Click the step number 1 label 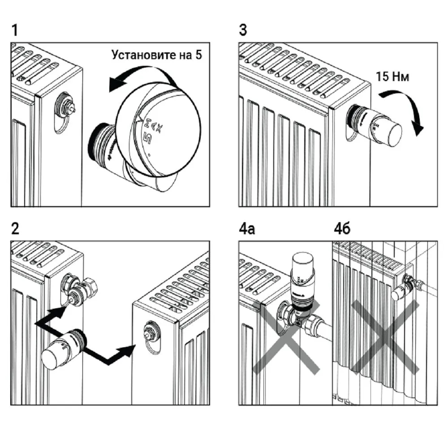coord(15,31)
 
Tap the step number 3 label coord(243,31)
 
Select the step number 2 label coord(16,229)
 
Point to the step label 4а coord(247,229)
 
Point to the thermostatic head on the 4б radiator coord(401,289)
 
